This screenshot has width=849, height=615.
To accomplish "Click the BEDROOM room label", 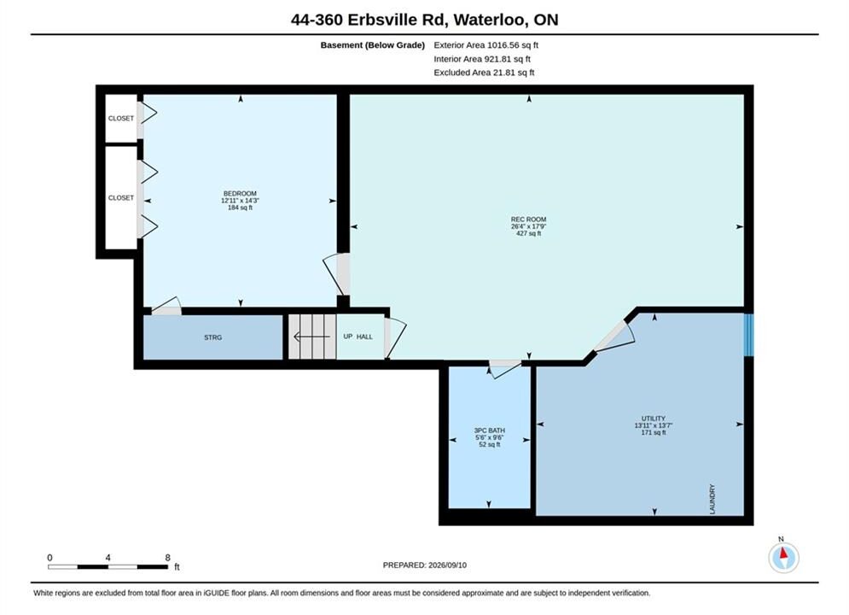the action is (240, 193).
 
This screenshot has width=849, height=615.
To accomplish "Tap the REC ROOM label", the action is (528, 220).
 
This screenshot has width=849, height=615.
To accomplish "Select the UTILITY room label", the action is (654, 419).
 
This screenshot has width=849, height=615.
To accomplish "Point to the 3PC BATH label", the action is (490, 430).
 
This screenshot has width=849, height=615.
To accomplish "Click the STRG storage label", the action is (212, 337).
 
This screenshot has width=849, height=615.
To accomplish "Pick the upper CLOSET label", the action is (121, 118).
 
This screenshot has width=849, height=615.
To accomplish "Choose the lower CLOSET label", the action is (121, 198).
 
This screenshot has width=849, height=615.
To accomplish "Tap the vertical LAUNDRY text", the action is (712, 499).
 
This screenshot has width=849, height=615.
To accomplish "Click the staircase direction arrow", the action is (312, 337).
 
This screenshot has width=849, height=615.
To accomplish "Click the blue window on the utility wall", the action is (748, 336).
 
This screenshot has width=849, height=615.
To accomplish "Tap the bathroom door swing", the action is (505, 369).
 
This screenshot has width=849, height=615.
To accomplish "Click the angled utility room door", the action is (615, 337).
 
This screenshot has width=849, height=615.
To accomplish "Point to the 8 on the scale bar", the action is (168, 558).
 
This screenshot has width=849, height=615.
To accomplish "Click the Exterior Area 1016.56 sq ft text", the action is (486, 45).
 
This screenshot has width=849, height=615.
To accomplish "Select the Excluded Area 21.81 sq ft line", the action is (484, 73).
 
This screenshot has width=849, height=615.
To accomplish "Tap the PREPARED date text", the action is (425, 565).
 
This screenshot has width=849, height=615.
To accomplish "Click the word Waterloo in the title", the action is (491, 20).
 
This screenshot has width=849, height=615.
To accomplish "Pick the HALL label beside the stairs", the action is (364, 337).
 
